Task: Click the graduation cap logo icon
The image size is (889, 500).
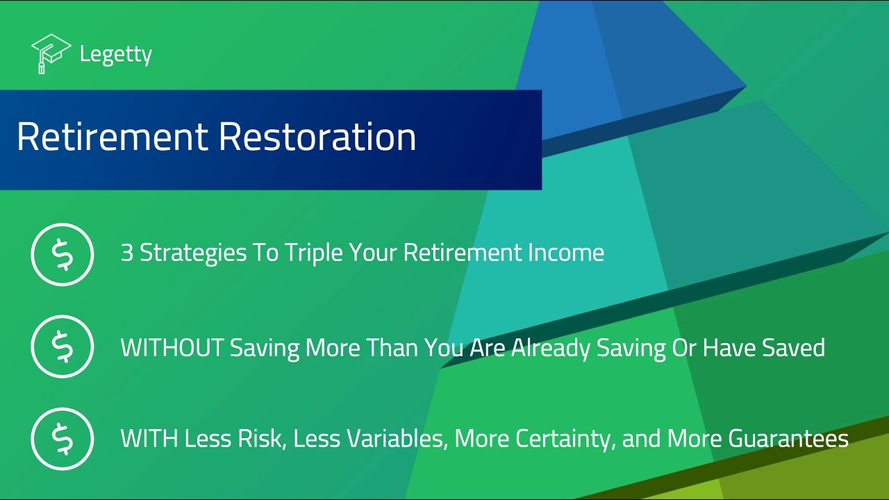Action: click(x=51, y=53)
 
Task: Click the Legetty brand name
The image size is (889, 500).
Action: click(x=115, y=54)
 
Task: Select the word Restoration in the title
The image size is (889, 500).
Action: click(x=317, y=137)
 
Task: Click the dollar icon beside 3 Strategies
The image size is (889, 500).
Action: click(x=62, y=254)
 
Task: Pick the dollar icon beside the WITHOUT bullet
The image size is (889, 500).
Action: click(x=62, y=347)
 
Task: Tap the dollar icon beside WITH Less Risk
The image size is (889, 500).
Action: click(x=62, y=439)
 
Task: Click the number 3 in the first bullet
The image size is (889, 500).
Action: click(x=126, y=253)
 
